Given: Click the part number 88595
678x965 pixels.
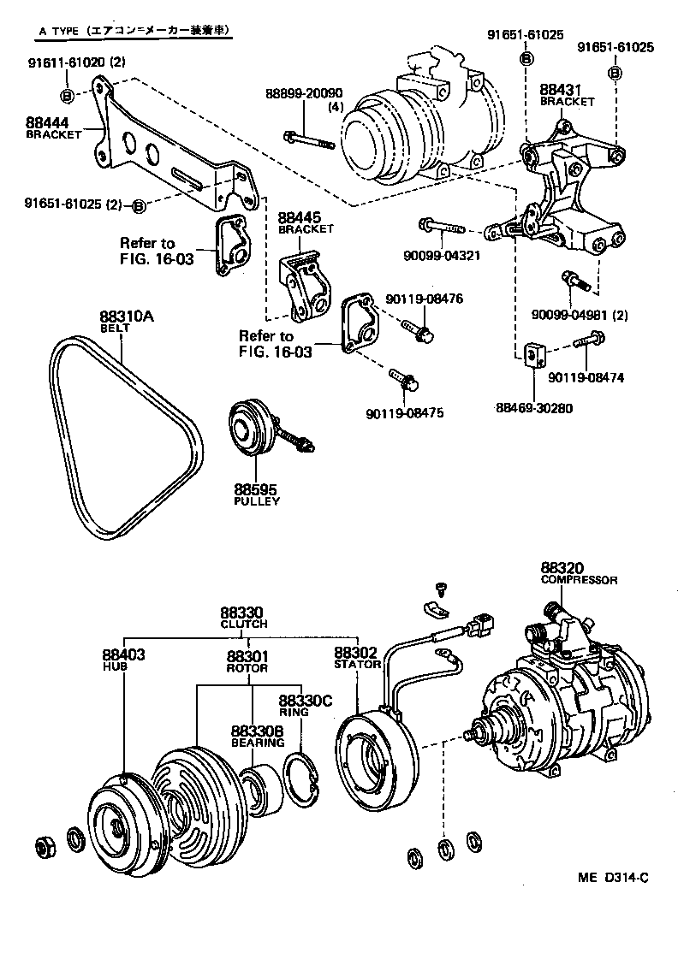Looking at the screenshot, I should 255,490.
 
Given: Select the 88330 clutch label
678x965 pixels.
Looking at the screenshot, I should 242,613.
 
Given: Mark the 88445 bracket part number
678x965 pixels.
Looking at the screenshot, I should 300,219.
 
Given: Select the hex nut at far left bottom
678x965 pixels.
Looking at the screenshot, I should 44,846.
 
